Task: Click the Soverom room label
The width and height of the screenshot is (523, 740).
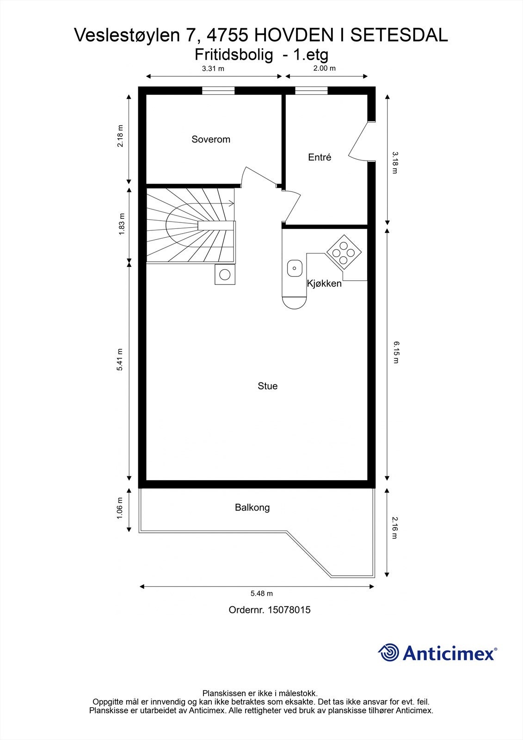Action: (x=211, y=139)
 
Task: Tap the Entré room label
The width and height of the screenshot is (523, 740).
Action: (x=320, y=157)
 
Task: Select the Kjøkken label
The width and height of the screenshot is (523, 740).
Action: (x=324, y=284)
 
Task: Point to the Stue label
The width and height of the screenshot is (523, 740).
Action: (x=268, y=386)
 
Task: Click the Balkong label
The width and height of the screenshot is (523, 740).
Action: (x=252, y=507)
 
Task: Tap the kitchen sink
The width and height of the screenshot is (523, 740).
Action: (x=295, y=268)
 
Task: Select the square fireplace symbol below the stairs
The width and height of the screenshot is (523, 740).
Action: (x=225, y=275)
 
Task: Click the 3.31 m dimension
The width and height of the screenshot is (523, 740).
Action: (x=213, y=69)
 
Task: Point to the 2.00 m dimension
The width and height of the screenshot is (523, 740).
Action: (x=325, y=68)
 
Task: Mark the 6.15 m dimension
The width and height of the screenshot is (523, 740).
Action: (x=396, y=352)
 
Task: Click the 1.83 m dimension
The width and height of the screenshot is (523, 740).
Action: (x=122, y=224)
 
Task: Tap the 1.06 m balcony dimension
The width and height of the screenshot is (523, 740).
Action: (x=120, y=508)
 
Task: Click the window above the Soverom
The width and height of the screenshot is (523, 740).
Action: (x=218, y=91)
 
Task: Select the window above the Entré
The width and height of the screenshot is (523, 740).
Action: (x=311, y=91)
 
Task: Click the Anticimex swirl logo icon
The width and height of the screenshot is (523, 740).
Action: (x=388, y=653)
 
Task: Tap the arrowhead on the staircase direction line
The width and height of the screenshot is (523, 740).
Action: (x=232, y=203)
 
